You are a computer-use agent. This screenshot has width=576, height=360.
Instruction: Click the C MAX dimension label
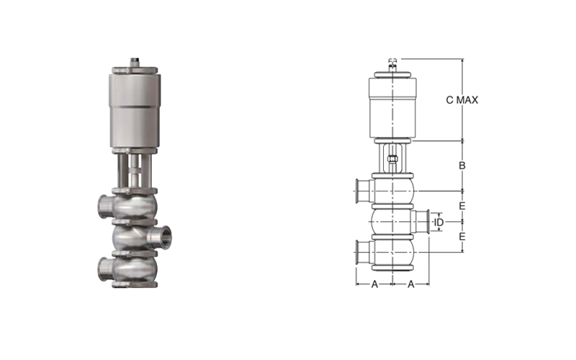click(x=462, y=100)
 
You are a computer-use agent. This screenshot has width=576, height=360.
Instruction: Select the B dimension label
click(x=462, y=166)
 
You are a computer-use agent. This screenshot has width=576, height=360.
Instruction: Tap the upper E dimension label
click(x=462, y=206)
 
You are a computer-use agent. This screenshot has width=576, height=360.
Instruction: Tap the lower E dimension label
click(x=462, y=236)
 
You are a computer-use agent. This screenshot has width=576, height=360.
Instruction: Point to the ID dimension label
click(x=439, y=222)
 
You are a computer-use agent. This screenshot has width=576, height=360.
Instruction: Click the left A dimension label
click(x=374, y=284)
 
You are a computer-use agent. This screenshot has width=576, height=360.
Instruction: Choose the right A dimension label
click(x=411, y=284)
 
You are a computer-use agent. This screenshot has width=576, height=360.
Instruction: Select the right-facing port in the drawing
click(x=420, y=222)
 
